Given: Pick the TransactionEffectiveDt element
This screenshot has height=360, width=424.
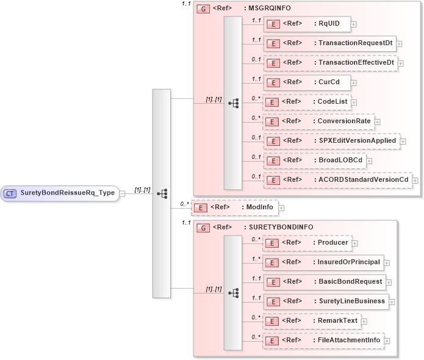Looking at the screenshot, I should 330,62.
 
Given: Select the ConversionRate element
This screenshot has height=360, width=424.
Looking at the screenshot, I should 318,121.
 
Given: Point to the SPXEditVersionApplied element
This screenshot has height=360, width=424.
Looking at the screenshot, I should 331,140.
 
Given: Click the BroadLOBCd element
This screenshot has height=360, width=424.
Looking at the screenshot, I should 318,160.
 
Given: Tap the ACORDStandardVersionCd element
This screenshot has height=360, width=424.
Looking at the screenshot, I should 337,179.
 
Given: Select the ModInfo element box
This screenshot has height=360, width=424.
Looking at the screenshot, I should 234,207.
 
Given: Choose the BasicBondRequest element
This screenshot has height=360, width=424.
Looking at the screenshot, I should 325,281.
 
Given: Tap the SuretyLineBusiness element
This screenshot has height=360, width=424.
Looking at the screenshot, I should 326,301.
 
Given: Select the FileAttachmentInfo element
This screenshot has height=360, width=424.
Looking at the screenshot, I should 323,340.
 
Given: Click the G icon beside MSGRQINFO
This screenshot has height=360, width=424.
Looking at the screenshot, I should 203,9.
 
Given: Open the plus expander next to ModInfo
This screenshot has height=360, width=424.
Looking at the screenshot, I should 281,208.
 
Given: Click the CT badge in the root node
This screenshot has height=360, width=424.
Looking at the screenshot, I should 10,193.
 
